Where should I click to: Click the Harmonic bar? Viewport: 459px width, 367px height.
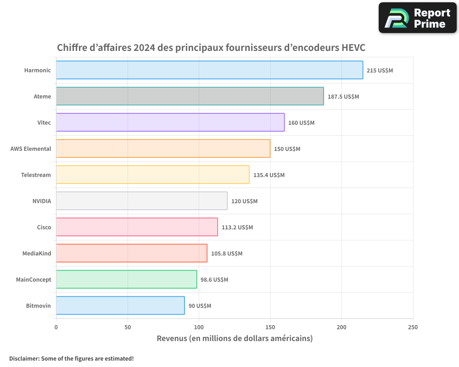[209, 70]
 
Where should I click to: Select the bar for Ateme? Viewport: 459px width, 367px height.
[190, 96]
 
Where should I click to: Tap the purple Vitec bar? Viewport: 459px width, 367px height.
[170, 122]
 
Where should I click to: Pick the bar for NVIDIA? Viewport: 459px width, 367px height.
[141, 201]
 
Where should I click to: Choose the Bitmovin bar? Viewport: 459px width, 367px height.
[120, 306]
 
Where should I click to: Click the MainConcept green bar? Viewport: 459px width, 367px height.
[126, 279]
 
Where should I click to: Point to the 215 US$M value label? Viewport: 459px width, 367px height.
[380, 71]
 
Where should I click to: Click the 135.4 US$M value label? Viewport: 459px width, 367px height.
[269, 175]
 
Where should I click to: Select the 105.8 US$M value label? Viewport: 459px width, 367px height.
[227, 254]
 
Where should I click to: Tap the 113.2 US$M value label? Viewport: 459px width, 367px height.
[237, 228]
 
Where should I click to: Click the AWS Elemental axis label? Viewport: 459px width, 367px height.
[31, 149]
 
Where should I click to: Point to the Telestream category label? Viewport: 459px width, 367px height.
[36, 175]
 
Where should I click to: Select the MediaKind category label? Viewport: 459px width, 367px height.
[37, 253]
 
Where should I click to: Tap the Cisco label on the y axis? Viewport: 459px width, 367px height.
[44, 227]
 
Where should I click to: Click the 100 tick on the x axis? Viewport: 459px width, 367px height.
[199, 327]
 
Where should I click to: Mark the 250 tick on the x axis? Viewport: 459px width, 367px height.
[413, 327]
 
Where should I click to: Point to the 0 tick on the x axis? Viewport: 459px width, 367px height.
[56, 327]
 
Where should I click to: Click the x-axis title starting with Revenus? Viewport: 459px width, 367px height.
[235, 339]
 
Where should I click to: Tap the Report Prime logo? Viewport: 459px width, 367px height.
[417, 18]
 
